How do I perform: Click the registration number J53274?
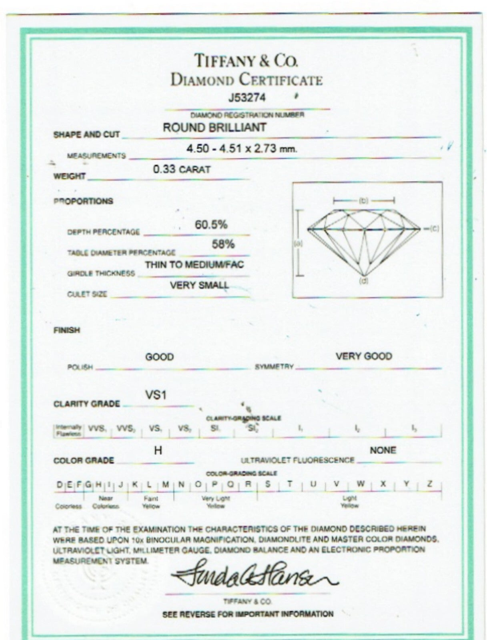point(247,98)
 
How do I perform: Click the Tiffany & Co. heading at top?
point(246,61)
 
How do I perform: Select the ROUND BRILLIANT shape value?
point(214,128)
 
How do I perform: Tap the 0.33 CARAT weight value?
point(182,169)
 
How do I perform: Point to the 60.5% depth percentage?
point(211,225)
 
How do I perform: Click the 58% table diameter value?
point(223,244)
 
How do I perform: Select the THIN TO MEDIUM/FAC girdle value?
point(194,264)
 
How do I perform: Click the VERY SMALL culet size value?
point(199,286)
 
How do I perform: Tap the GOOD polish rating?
point(159,357)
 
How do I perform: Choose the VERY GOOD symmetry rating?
point(363,356)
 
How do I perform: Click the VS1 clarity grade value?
point(156,395)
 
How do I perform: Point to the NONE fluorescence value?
point(383,450)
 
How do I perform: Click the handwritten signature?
point(254,574)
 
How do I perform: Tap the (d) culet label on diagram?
point(363,281)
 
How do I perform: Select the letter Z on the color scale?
point(429,484)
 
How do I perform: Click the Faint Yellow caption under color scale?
point(151,502)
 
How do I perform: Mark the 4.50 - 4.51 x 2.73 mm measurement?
point(242,149)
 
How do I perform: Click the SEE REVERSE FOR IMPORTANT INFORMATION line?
point(248,614)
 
